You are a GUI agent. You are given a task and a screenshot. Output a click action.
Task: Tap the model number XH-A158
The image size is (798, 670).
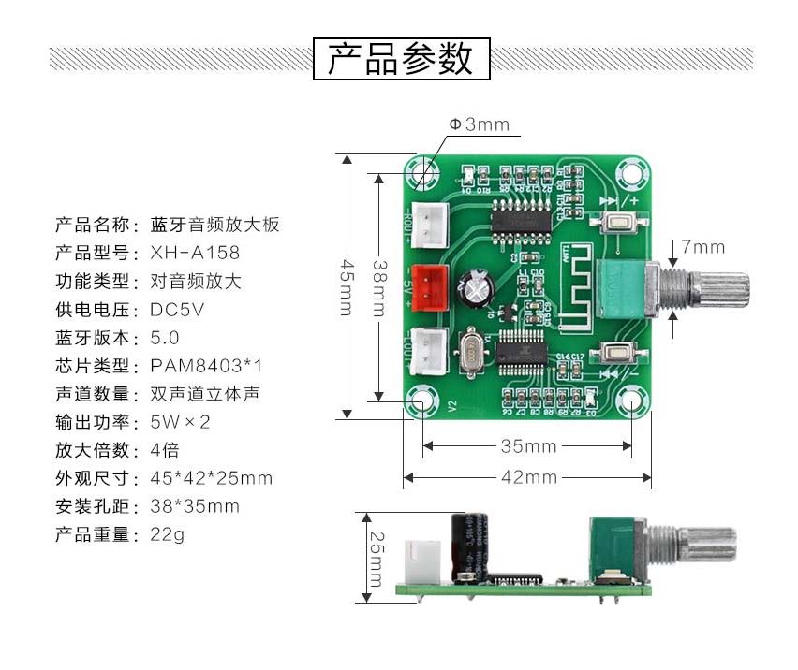(195, 253)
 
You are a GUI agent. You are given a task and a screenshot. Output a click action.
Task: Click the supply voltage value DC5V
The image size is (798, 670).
(177, 309)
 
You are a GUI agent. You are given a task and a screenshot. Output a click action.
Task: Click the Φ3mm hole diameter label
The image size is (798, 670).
(479, 124)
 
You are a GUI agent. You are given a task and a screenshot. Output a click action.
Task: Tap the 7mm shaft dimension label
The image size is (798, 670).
(702, 247)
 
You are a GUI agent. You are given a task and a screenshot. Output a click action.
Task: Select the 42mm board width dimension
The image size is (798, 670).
(527, 477)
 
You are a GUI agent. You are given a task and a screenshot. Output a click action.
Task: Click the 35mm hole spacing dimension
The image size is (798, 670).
(527, 446)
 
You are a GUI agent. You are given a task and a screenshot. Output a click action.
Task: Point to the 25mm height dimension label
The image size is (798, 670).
(375, 559)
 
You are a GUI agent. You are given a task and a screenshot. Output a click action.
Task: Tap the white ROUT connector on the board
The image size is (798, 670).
(427, 223)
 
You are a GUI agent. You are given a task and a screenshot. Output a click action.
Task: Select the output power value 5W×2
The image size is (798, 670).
(180, 422)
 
